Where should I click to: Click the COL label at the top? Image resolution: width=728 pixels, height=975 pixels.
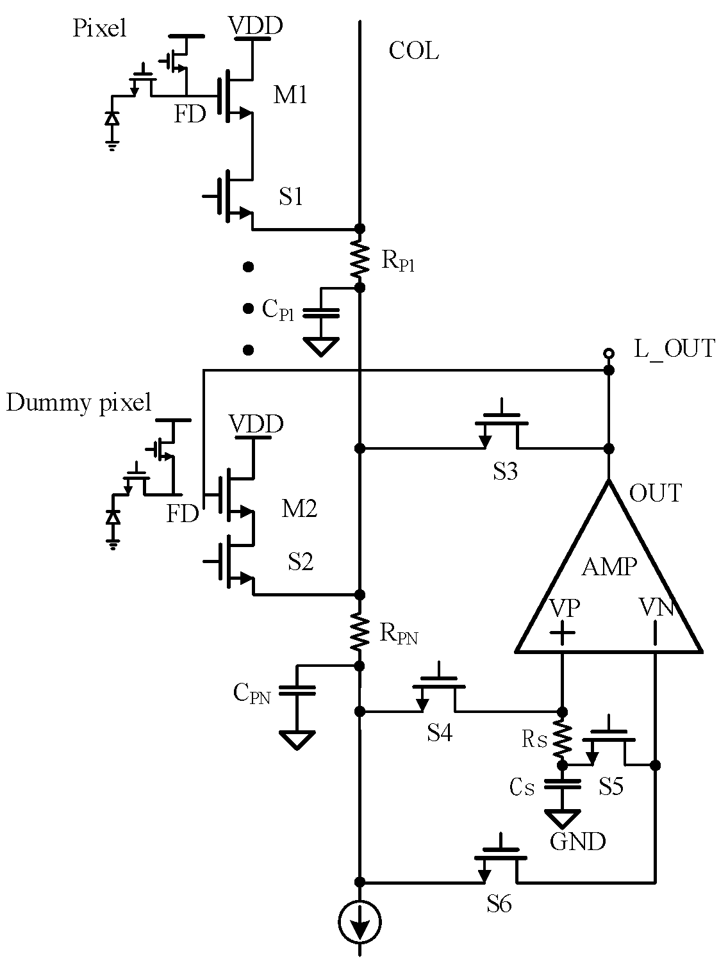413,51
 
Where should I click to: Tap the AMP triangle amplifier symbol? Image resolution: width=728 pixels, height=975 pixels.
608,577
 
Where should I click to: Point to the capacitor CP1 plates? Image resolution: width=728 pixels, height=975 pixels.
320,313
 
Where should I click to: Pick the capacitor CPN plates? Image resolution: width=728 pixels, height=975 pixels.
297,690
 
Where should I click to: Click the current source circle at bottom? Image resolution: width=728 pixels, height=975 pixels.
360,922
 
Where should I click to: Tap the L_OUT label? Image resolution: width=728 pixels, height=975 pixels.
674,348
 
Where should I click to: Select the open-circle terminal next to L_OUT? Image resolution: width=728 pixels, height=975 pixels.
609,353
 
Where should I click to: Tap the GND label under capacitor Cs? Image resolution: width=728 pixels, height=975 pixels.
577,841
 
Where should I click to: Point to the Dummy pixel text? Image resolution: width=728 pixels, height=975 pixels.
79,403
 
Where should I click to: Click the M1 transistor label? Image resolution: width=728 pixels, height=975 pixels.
290,95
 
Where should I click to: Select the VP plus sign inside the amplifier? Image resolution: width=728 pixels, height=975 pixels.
563,632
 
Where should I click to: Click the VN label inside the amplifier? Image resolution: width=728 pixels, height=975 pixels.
656,607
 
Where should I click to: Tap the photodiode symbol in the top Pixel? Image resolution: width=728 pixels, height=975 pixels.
112,119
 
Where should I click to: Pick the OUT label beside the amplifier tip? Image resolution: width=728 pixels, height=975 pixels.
656,493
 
